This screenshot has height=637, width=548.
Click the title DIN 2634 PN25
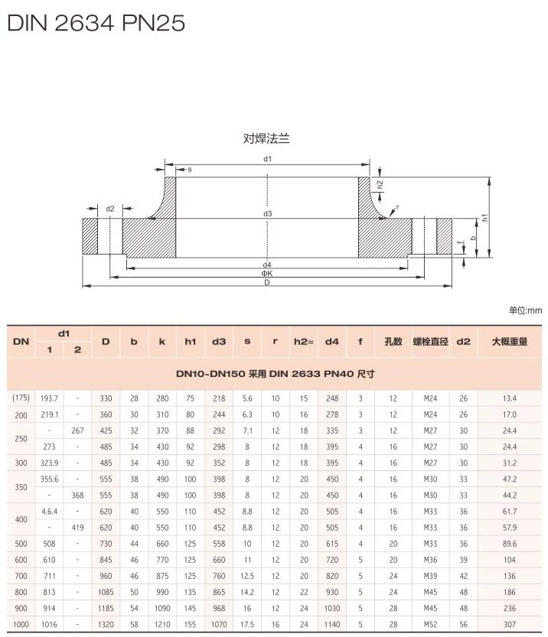[x=96, y=23]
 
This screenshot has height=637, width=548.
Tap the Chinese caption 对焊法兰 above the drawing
[x=267, y=138]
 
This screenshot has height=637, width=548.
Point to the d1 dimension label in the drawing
[x=268, y=158]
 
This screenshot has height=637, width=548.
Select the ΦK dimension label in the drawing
[x=267, y=273]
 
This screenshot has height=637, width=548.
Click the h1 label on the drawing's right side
[x=485, y=218]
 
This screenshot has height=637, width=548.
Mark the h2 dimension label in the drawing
[x=380, y=184]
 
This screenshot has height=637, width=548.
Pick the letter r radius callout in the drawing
[x=397, y=207]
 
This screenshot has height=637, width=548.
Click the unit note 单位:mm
[x=525, y=310]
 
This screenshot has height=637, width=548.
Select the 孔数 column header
[x=393, y=342]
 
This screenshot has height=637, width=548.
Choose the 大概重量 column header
[x=509, y=342]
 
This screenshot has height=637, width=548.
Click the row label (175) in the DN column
[x=21, y=398]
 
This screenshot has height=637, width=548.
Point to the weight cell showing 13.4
[x=509, y=398]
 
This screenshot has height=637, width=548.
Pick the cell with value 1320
[x=105, y=624]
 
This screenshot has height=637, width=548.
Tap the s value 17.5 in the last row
[x=247, y=624]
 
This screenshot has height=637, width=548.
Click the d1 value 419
[x=77, y=528]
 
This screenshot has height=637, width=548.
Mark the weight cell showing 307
[x=509, y=624]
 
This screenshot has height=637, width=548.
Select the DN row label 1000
[x=21, y=624]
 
